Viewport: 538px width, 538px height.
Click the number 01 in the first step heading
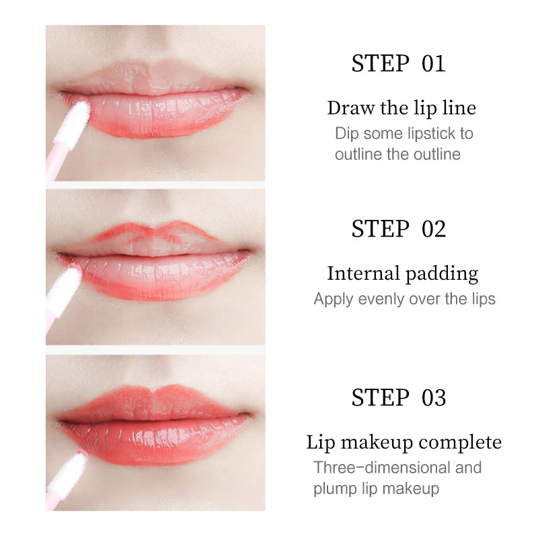pos(433,64)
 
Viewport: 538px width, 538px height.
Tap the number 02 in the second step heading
pos(434,229)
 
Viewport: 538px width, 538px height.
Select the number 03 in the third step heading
pos(434,397)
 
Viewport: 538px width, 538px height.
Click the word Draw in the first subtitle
pos(351,108)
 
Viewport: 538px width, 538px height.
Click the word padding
pos(442,275)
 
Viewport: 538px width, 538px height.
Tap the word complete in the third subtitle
pos(460,443)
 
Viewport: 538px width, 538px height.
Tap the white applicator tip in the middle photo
pos(67,284)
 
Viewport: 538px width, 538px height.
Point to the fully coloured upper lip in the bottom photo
pos(155,404)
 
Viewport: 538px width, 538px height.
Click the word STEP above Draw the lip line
pos(381,64)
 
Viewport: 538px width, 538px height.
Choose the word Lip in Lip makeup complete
pos(321,443)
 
